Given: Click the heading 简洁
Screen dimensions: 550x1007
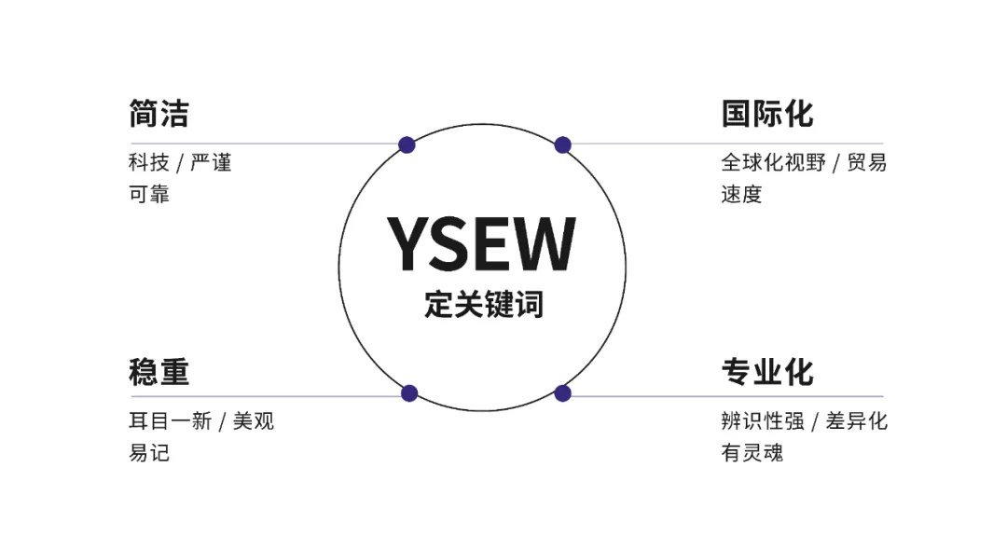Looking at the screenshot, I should (x=159, y=114).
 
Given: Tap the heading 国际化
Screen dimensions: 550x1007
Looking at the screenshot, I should (x=766, y=114).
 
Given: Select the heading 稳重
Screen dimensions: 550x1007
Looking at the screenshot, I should (x=159, y=372).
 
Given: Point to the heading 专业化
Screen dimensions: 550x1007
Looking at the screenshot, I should (x=766, y=372).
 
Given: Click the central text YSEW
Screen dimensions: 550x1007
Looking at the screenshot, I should (x=481, y=244).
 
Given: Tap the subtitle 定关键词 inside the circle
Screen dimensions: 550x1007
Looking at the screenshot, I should (x=483, y=304).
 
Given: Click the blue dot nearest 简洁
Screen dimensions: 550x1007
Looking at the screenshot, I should (x=407, y=144).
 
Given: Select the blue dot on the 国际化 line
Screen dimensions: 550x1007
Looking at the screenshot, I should (x=562, y=144).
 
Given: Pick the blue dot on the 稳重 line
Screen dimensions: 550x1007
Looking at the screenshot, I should (x=408, y=393).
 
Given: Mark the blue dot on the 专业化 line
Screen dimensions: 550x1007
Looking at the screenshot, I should (x=562, y=393).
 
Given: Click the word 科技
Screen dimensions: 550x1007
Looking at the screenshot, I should (x=148, y=163).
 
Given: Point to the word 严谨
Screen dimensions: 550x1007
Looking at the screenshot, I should (x=211, y=163).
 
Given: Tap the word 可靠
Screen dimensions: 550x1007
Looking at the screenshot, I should (x=148, y=195).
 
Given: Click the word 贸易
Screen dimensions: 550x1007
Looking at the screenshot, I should (x=866, y=163).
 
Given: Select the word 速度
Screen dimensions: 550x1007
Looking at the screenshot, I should (x=741, y=195).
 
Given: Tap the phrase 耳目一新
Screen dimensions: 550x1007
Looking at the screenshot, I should (x=170, y=421).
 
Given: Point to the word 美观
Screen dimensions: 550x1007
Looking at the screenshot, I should (x=254, y=421).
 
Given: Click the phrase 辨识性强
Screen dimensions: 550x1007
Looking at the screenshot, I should (x=762, y=421).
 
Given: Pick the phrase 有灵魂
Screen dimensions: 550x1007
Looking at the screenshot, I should (x=752, y=453).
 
